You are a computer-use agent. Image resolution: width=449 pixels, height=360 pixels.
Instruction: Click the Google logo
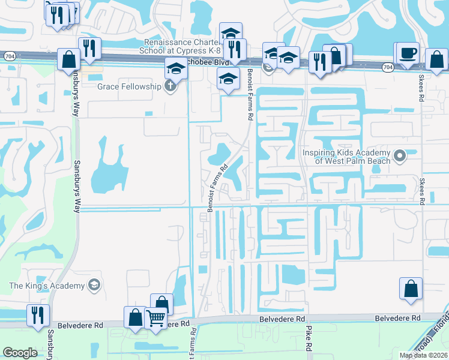(20, 353)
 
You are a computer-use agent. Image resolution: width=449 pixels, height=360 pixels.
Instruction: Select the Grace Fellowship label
(130, 86)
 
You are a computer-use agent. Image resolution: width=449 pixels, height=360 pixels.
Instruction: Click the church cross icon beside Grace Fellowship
(170, 86)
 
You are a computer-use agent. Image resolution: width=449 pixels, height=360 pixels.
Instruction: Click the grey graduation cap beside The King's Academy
(94, 285)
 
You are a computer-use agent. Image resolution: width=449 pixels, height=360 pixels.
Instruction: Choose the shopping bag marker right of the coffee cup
(436, 60)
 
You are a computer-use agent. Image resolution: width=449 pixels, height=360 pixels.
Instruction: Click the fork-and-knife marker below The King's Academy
(38, 315)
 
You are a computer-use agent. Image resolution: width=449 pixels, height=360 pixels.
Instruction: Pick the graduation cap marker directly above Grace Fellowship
(176, 69)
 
